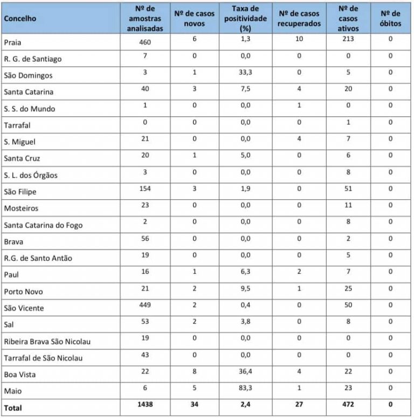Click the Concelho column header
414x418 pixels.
click(20, 18)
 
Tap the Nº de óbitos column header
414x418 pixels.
click(390, 18)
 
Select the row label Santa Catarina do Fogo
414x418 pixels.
click(43, 225)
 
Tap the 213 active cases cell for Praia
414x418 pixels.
click(348, 39)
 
